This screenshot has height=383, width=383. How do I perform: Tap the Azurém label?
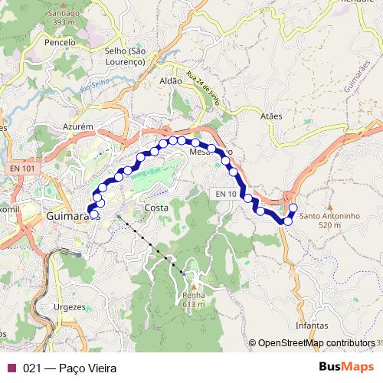point(78,124)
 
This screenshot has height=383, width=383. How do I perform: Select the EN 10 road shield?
point(225,195)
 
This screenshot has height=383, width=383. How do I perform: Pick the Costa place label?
point(156,208)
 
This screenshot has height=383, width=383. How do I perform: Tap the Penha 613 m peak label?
point(194,300)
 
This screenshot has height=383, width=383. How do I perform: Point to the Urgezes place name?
point(70,306)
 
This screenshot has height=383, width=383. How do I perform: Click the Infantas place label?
point(311,326)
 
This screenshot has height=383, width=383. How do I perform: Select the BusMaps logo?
point(346,368)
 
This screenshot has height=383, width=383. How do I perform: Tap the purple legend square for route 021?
point(11,368)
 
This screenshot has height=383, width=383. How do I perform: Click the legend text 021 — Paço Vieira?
point(70,368)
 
